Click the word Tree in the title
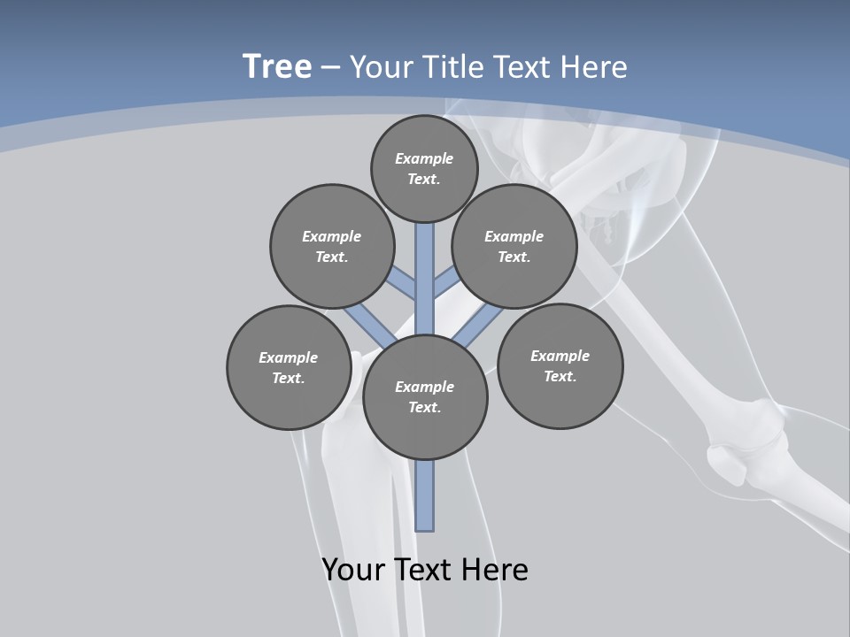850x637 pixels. (277, 66)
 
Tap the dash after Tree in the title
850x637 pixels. (330, 68)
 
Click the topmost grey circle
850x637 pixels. (424, 168)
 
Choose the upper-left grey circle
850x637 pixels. (332, 246)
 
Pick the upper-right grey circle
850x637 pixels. (514, 246)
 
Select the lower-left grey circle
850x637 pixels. (289, 367)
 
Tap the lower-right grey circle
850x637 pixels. (560, 366)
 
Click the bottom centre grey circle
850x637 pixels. (425, 397)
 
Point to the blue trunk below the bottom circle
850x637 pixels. (425, 495)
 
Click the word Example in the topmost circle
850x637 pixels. (424, 159)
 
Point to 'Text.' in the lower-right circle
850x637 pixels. (560, 377)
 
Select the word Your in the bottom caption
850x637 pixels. (354, 569)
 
